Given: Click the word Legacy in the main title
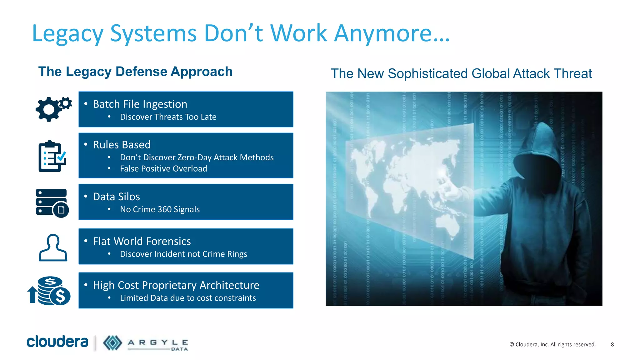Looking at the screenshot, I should click(67, 34).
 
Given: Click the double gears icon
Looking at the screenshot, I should click(53, 109).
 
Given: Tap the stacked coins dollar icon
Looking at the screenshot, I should click(50, 291).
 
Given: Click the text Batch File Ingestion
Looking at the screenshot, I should click(140, 104).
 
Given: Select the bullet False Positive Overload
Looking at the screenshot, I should click(163, 169).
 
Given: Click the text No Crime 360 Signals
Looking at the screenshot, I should click(160, 209).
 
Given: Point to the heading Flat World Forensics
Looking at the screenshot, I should click(142, 241).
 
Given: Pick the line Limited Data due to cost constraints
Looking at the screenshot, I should click(188, 298).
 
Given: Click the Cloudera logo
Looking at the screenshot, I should click(57, 342).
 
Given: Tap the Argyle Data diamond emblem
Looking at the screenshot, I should click(112, 343).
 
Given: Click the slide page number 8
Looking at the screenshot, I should click(612, 344).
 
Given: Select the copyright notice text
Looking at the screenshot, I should click(552, 344).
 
